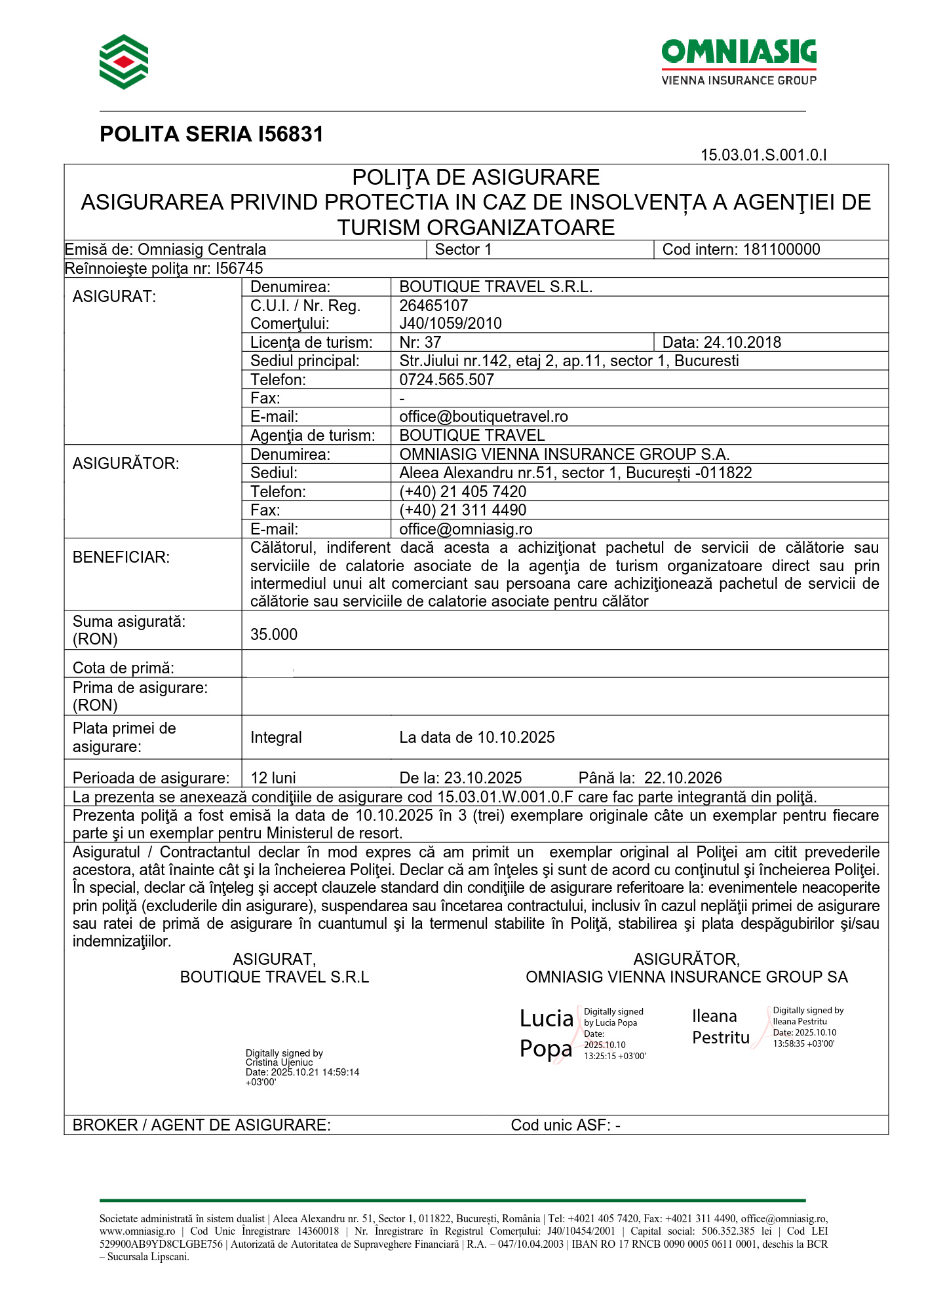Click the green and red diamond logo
pos(124,62)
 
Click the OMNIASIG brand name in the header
pos(739,52)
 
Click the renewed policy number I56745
pos(239,269)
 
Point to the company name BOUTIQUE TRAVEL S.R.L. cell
pos(495,287)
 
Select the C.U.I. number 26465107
pos(433,306)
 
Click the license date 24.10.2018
pos(742,343)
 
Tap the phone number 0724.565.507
pos(446,380)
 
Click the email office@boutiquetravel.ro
pos(483,417)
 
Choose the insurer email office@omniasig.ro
pos(465,529)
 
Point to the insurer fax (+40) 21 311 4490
pos(463,510)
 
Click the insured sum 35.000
pos(274,635)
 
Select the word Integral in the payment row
pos(276,738)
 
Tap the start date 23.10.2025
pos(482,778)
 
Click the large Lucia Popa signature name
pos(546,1034)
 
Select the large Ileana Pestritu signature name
pos(720,1027)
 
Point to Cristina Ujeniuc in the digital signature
pos(279,1062)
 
